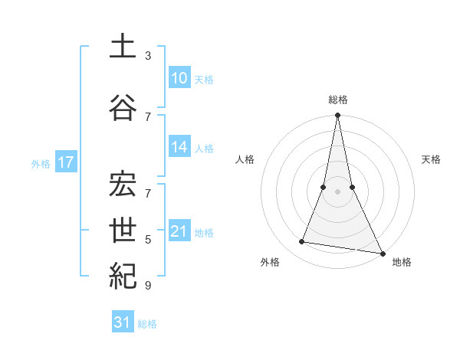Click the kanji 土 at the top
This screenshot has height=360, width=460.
click(123, 47)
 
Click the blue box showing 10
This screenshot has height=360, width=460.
click(179, 78)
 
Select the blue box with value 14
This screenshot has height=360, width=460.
click(179, 147)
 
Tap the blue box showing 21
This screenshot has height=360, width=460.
click(179, 231)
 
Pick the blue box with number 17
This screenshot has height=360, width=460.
click(66, 162)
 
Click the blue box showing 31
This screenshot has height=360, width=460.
click(123, 322)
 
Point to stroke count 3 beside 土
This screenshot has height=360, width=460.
click(148, 56)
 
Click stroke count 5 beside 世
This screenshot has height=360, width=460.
click(148, 240)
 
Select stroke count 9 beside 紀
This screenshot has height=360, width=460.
click(148, 286)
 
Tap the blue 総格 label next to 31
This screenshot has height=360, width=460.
click(147, 324)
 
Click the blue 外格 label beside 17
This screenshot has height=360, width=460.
click(41, 163)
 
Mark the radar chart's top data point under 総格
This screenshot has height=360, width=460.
click(337, 116)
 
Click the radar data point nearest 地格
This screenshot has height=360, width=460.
click(382, 253)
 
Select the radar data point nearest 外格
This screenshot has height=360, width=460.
click(302, 242)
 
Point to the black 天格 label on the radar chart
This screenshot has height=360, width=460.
click(431, 159)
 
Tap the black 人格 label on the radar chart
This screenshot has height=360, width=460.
click(245, 159)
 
